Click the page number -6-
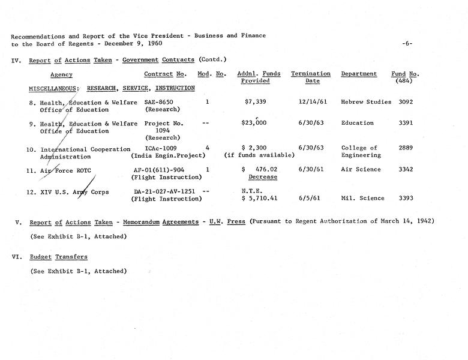tap(407, 43)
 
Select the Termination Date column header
tap(310, 77)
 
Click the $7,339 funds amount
tap(255, 102)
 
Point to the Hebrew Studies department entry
tap(366, 102)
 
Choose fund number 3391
tap(406, 123)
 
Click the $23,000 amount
tap(254, 123)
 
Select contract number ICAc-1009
tap(161, 148)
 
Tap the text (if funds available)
tap(259, 155)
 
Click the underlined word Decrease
tap(263, 177)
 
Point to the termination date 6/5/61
tap(310, 198)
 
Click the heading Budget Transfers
tap(59, 257)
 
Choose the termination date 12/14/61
tap(311, 102)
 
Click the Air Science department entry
tap(361, 170)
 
